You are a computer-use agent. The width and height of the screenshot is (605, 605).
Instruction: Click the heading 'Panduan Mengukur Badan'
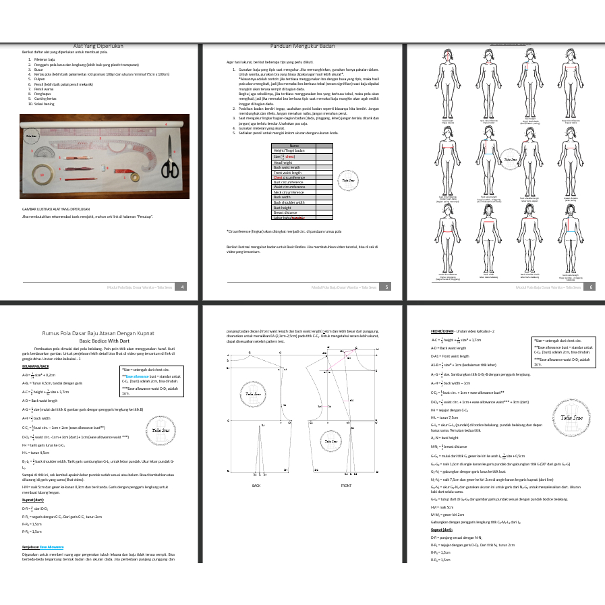coord(302,47)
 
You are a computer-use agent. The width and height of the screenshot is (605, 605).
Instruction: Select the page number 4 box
coord(183,287)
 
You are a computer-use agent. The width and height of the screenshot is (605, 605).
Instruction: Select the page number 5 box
coord(386,287)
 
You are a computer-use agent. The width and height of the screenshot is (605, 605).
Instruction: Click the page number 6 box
coord(591,287)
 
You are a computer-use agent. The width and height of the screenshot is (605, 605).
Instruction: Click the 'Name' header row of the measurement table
coord(294,146)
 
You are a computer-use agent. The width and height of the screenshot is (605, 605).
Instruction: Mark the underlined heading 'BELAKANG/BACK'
coord(35,365)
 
